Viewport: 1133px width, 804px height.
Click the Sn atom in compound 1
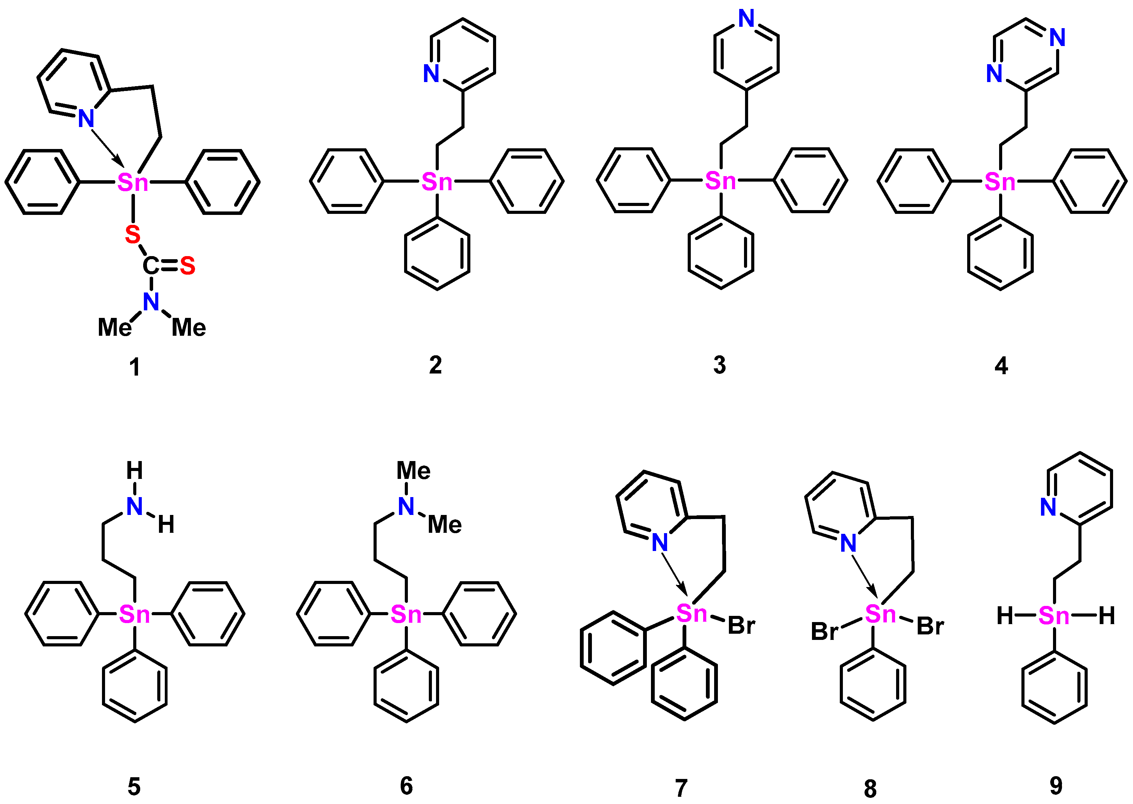(x=133, y=183)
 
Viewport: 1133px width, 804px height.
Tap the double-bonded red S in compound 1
(x=187, y=266)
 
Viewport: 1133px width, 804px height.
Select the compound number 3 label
(x=719, y=365)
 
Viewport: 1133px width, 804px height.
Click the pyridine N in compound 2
(x=431, y=74)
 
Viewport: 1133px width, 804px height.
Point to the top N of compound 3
(x=746, y=19)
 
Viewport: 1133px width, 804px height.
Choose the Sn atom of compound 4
(x=1000, y=182)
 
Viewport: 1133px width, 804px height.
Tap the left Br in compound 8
(x=824, y=632)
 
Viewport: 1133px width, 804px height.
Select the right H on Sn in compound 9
(x=1107, y=616)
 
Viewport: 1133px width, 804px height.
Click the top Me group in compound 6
(x=413, y=470)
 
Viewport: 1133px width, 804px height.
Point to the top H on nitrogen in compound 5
(x=135, y=470)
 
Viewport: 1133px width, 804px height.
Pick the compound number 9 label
(x=1056, y=785)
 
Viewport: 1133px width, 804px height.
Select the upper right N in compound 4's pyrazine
(x=1057, y=38)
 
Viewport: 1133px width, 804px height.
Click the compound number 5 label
(x=134, y=786)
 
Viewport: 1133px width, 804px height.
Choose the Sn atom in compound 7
(x=691, y=614)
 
